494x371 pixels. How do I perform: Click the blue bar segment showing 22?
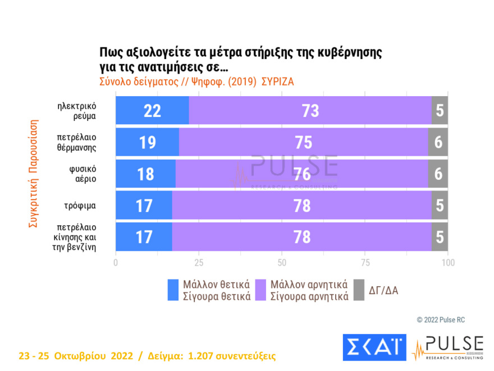[x=152, y=111]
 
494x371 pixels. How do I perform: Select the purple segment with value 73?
[x=310, y=111]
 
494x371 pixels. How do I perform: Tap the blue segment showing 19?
[x=147, y=142]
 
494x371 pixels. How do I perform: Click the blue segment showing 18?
[x=145, y=174]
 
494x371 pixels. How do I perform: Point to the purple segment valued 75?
[x=303, y=142]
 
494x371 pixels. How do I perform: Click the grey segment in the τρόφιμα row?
[x=440, y=206]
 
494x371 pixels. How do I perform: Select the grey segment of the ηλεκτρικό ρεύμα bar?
[x=440, y=111]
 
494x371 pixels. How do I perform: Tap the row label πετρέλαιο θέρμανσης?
[x=76, y=142]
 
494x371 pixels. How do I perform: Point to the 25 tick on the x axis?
[x=199, y=263]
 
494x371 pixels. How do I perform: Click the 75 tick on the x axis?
[x=365, y=263]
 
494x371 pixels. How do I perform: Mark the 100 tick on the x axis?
[x=447, y=263]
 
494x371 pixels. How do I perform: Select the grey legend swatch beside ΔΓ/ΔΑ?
[x=360, y=290]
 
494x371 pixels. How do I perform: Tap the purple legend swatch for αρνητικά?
[x=262, y=290]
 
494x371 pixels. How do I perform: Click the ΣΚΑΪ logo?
[x=374, y=347]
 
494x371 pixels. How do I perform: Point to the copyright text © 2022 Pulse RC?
[x=441, y=320]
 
